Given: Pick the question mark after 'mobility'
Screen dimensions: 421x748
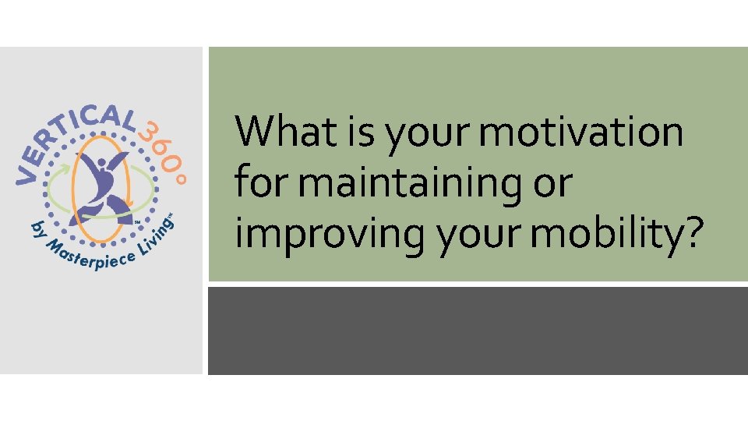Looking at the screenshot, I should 693,234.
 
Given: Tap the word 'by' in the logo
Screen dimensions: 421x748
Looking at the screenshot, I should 37,232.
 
